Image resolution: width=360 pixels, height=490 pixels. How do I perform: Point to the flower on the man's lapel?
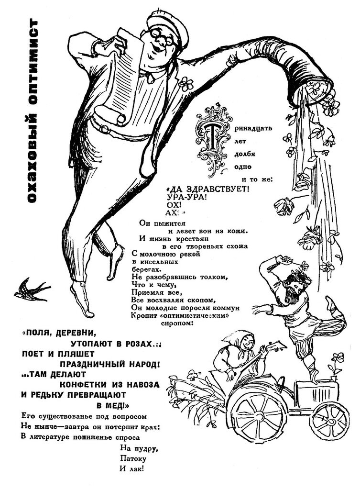tap(186, 83)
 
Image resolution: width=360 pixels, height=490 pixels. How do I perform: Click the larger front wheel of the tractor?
tap(256, 413)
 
